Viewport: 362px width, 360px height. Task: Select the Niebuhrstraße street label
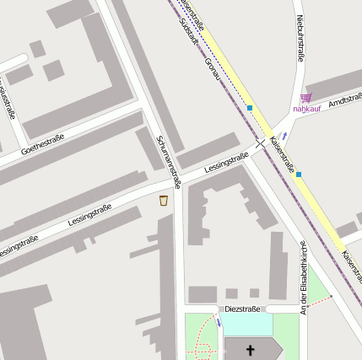(300, 38)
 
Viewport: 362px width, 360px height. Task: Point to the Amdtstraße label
(344, 100)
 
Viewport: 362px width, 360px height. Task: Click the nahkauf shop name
(307, 108)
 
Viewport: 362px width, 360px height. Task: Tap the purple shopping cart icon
(305, 97)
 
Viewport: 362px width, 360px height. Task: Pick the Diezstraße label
(243, 309)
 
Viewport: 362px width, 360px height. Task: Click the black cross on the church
(250, 349)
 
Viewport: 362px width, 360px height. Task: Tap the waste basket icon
(163, 200)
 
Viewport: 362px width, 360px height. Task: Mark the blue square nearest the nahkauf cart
(250, 108)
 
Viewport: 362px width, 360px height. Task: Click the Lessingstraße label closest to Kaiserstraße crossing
(226, 164)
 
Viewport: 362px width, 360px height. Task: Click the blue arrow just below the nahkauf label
(285, 135)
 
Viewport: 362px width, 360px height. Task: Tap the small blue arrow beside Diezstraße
(219, 321)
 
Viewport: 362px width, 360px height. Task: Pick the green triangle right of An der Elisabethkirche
(317, 287)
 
